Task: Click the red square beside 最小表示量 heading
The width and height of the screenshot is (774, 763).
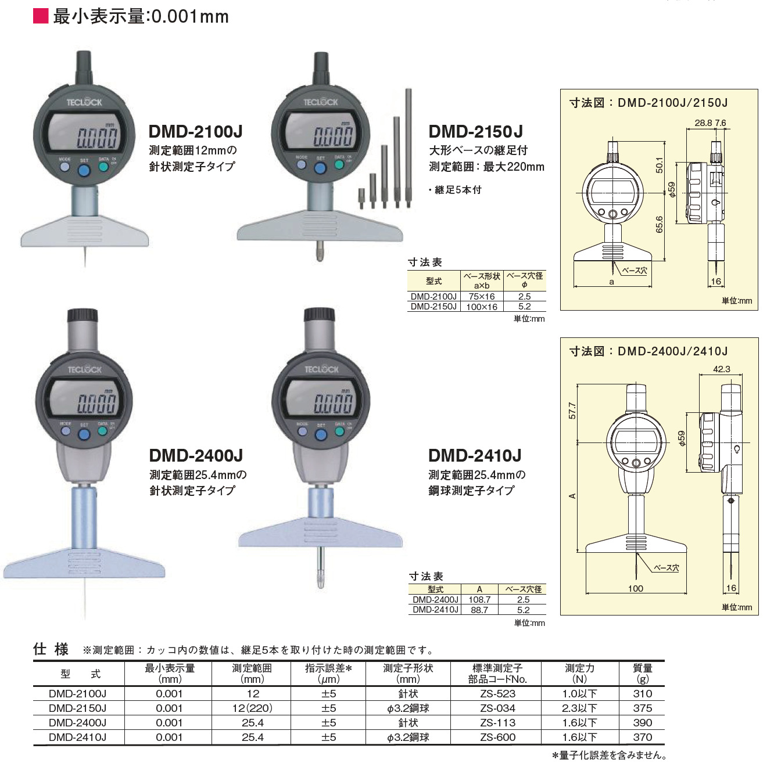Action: click(x=41, y=16)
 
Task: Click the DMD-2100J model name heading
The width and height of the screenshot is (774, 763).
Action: click(x=195, y=132)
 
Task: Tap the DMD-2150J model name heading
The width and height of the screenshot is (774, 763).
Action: click(x=475, y=132)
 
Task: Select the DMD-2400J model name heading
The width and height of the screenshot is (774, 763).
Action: click(x=196, y=456)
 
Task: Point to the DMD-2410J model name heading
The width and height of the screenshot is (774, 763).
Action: click(x=475, y=456)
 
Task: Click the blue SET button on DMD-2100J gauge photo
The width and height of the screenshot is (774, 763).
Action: click(x=84, y=170)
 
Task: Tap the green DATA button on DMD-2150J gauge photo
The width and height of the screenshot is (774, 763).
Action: click(x=339, y=165)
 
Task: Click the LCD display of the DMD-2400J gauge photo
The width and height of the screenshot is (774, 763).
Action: click(x=85, y=400)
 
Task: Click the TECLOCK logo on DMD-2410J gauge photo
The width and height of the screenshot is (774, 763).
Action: click(x=321, y=369)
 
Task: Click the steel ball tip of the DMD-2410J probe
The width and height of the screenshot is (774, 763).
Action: click(x=320, y=580)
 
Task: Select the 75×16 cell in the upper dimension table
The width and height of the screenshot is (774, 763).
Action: click(x=481, y=297)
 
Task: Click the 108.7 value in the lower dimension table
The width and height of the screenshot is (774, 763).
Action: click(x=479, y=600)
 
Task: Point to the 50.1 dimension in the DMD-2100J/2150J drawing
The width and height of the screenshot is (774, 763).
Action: click(x=659, y=165)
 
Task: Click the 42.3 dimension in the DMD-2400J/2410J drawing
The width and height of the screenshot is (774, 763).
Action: click(x=721, y=369)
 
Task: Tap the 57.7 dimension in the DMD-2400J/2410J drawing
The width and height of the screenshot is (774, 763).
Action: click(x=572, y=411)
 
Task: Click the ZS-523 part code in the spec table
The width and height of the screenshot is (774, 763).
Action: click(x=497, y=694)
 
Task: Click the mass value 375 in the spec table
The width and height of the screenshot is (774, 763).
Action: click(x=642, y=708)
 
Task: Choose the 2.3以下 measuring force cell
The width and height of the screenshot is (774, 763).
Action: click(x=579, y=708)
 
